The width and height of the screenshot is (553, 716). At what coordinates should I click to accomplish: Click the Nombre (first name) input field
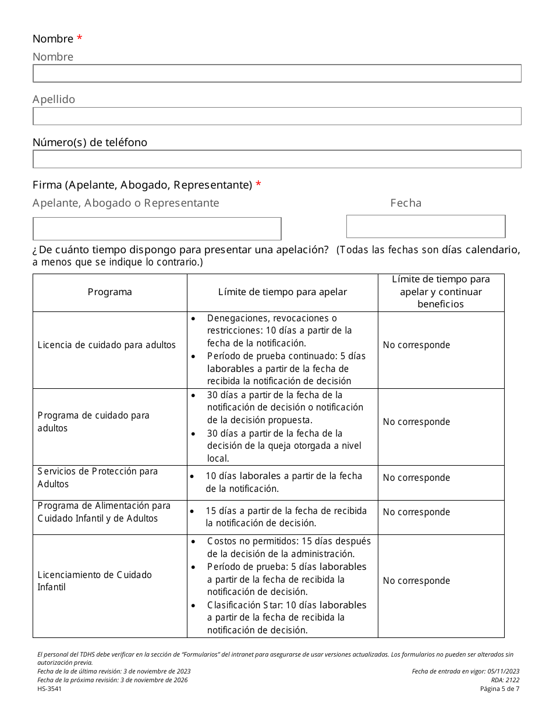click(276, 73)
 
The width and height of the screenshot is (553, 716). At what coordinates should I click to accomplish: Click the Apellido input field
click(276, 116)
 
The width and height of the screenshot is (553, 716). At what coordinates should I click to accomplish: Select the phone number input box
click(276, 159)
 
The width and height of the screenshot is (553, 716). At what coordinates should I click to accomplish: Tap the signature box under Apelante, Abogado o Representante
click(157, 229)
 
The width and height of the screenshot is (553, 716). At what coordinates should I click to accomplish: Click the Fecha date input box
click(426, 226)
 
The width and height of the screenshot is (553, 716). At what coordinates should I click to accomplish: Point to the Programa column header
click(109, 292)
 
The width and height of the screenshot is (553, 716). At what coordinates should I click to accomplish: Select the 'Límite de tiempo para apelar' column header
click(282, 292)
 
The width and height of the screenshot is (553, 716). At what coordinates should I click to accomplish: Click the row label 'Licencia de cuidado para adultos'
click(107, 345)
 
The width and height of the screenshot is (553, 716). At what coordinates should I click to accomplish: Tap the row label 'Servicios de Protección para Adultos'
click(98, 477)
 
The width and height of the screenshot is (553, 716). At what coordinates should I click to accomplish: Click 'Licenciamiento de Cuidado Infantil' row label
click(95, 581)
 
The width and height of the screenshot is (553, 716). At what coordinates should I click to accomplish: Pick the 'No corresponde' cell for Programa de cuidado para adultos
click(416, 422)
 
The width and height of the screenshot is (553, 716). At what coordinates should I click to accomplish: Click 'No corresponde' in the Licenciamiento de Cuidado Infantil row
click(416, 581)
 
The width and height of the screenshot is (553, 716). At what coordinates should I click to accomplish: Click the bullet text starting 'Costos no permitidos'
click(288, 547)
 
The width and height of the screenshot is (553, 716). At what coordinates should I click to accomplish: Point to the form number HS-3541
click(49, 689)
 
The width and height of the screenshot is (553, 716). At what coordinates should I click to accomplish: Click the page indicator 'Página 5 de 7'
click(499, 689)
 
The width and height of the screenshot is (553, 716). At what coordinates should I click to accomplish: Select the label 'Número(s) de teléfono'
click(90, 143)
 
